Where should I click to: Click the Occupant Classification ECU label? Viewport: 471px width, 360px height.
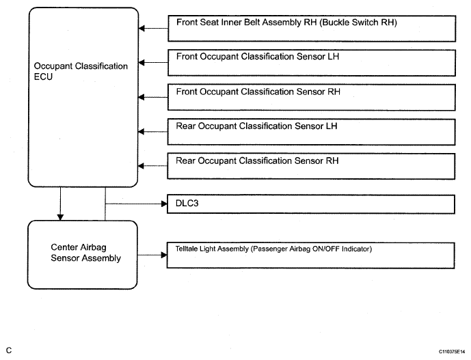(81, 72)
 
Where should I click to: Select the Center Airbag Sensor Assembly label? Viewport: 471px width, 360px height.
(85, 253)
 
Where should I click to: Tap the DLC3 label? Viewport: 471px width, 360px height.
(187, 204)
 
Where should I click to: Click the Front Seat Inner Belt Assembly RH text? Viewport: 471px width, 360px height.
(246, 23)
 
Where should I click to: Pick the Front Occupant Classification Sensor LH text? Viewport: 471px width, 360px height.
(258, 57)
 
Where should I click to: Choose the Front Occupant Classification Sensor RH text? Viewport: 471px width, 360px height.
(258, 92)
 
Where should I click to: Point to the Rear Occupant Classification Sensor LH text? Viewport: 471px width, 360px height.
(256, 126)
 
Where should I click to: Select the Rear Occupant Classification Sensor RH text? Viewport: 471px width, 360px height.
(257, 161)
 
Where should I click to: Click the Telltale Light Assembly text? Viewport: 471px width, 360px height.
(212, 249)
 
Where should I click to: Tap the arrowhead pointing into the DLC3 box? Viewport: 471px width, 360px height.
(164, 204)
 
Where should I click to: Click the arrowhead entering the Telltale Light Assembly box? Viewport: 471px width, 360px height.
(164, 255)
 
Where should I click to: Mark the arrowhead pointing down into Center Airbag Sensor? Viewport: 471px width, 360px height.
(60, 217)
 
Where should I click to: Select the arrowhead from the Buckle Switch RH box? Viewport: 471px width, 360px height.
(142, 29)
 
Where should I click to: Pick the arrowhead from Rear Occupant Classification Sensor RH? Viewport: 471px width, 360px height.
(141, 166)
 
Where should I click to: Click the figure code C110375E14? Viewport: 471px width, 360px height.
(452, 352)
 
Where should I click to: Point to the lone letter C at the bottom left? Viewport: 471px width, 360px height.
(9, 350)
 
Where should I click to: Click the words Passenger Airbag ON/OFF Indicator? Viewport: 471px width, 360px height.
(312, 249)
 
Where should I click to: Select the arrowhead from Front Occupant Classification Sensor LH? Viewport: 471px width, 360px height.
(142, 62)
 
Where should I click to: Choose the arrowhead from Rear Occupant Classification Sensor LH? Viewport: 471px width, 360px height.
(141, 132)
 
